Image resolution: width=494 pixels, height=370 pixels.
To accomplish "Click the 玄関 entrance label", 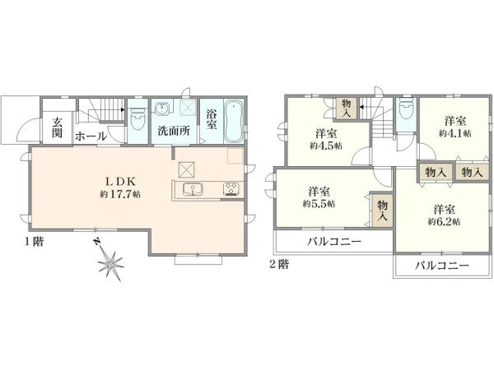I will coord(58,128).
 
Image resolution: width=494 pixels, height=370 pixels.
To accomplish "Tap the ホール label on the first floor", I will coord(90,136).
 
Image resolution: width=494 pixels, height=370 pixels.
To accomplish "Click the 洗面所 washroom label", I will coord(174,131).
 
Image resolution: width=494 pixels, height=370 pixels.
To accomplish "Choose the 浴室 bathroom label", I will coord(212,121).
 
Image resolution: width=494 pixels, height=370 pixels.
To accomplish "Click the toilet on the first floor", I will coord(137,119).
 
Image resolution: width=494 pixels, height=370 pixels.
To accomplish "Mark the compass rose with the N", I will coord(109,262).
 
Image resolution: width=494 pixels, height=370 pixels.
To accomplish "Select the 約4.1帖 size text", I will coord(454,132).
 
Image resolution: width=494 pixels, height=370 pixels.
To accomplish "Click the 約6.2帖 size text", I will coord(444,221).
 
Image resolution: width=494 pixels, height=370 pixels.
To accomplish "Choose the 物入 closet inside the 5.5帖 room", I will coord(382,210).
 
